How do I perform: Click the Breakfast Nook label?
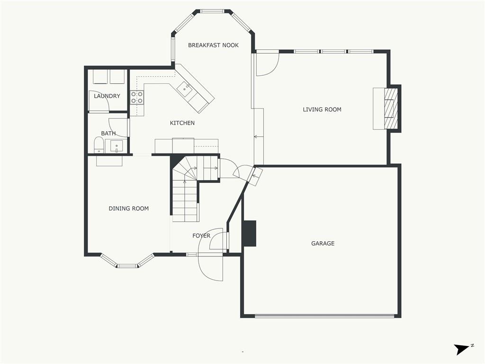coord(213,45)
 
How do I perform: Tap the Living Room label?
coord(322,109)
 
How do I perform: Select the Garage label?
coord(323,244)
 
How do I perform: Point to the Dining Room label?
coord(128,209)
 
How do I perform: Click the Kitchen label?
coord(182,123)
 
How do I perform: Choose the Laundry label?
coord(107,96)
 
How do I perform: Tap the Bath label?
coord(108,134)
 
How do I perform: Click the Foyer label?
coord(201,236)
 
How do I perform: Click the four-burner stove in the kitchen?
coord(137,98)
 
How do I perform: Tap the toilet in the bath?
coord(99,145)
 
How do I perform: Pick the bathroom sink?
coord(116,146)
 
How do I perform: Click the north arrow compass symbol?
coord(461,349)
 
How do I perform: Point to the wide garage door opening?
coord(324,315)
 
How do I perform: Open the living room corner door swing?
coord(267,64)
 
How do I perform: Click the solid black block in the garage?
coord(249,233)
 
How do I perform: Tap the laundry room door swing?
coord(99,101)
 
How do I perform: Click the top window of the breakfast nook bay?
coord(213,11)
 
